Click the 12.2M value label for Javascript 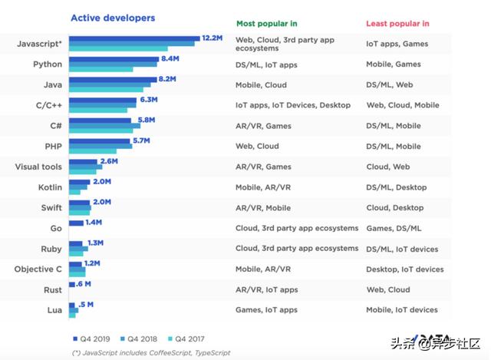click(x=211, y=38)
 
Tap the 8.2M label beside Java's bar click(x=166, y=78)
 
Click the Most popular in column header click(x=266, y=25)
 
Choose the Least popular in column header click(x=397, y=25)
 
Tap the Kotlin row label click(x=50, y=187)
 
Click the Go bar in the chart click(x=76, y=223)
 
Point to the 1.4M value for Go click(x=94, y=222)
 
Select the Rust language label click(x=52, y=289)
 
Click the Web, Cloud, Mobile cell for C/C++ click(x=403, y=105)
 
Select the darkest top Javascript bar click(x=134, y=38)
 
